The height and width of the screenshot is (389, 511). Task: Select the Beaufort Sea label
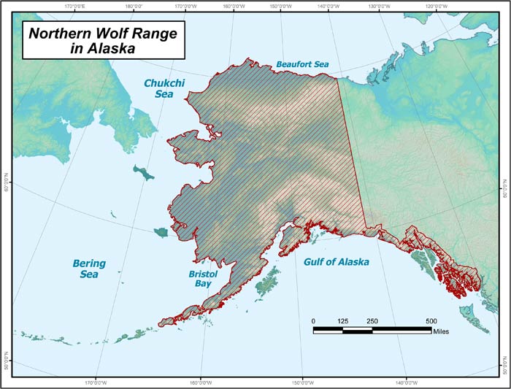point(302,65)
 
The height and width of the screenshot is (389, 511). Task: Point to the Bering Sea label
point(89,269)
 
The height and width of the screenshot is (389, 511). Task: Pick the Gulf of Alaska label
point(336,262)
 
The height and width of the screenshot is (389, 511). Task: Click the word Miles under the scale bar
point(439,331)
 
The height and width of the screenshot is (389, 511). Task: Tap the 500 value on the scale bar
point(431,321)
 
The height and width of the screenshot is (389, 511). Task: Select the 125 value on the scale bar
point(342,321)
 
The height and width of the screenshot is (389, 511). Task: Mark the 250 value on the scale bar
point(372,321)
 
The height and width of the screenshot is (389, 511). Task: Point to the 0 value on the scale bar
point(314,321)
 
